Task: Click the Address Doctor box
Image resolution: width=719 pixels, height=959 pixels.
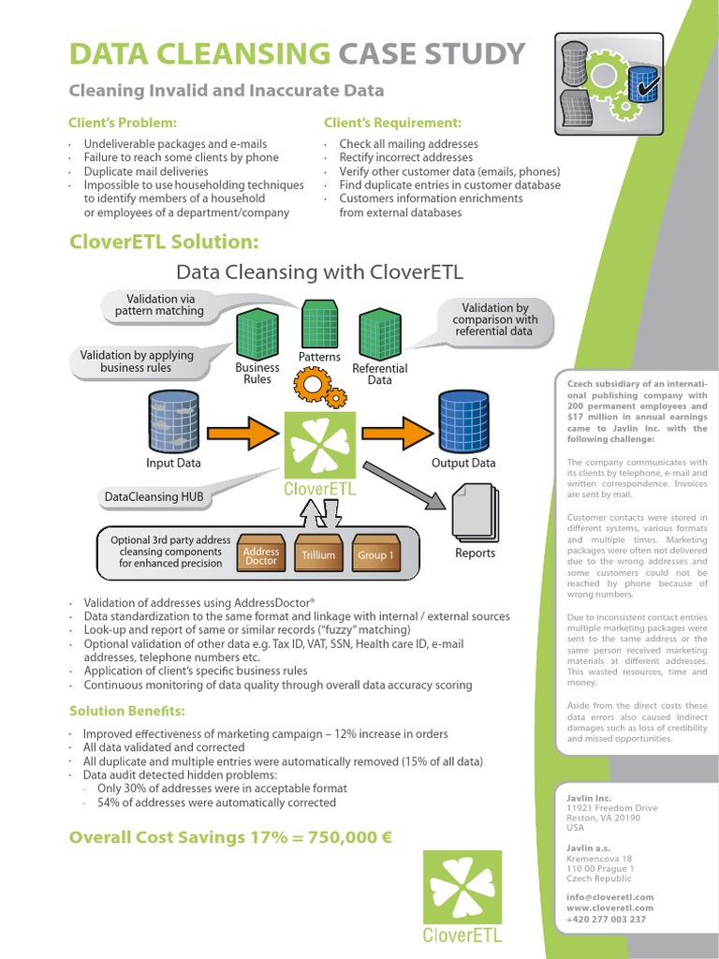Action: pos(261,555)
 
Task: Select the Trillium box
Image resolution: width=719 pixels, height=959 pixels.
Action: pos(318,554)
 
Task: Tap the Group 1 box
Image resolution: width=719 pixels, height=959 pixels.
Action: pos(375,554)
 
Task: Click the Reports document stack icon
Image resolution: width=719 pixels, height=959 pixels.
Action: pos(476,510)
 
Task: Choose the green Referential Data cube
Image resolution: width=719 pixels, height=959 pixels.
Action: pos(380,333)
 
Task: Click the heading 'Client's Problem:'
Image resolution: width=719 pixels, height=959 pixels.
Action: pos(123,123)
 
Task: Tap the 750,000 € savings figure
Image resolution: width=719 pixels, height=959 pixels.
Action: pos(337,836)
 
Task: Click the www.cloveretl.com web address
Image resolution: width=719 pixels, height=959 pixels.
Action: pos(609,907)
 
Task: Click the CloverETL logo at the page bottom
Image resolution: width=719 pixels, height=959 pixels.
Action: pos(462,895)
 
